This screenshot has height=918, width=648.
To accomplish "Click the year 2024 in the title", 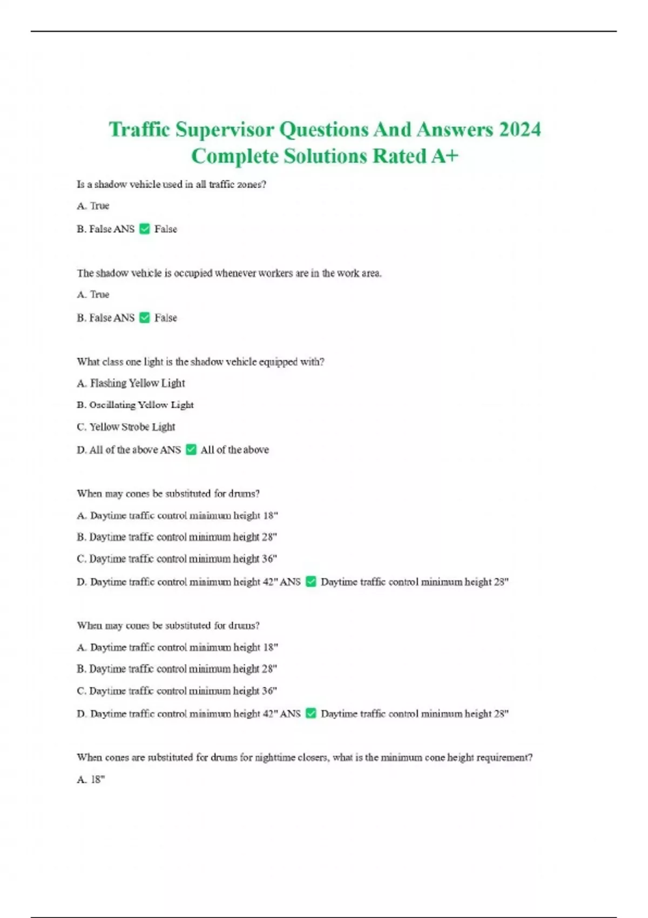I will pyautogui.click(x=519, y=130).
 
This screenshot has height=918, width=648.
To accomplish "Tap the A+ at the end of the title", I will pyautogui.click(x=444, y=156).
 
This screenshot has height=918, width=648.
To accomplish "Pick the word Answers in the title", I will pyautogui.click(x=455, y=130).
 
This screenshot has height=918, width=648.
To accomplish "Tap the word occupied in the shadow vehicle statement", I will pyautogui.click(x=193, y=273).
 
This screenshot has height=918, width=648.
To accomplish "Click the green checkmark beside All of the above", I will pyautogui.click(x=191, y=449).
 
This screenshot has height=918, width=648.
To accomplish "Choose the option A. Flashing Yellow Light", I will pyautogui.click(x=131, y=383).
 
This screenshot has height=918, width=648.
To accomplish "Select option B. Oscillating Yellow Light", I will pyautogui.click(x=135, y=405).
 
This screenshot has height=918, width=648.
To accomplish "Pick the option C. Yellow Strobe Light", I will pyautogui.click(x=126, y=427).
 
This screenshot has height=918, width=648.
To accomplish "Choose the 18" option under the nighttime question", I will pyautogui.click(x=91, y=779).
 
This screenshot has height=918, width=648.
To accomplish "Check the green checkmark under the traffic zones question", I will pyautogui.click(x=144, y=229).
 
